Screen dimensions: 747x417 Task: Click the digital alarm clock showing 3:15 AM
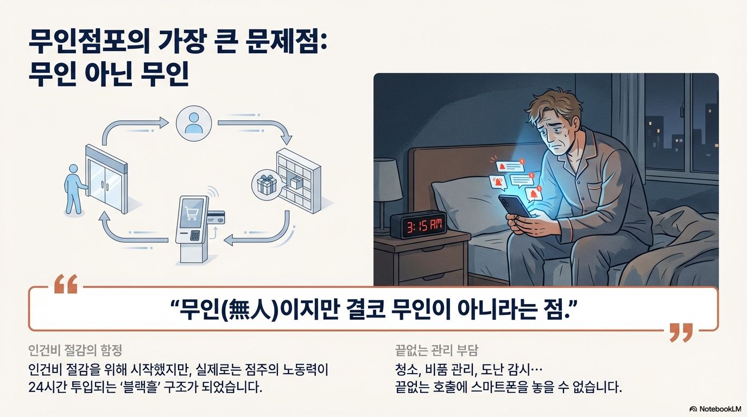click(418, 224)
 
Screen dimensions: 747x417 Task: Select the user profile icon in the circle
click(193, 123)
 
